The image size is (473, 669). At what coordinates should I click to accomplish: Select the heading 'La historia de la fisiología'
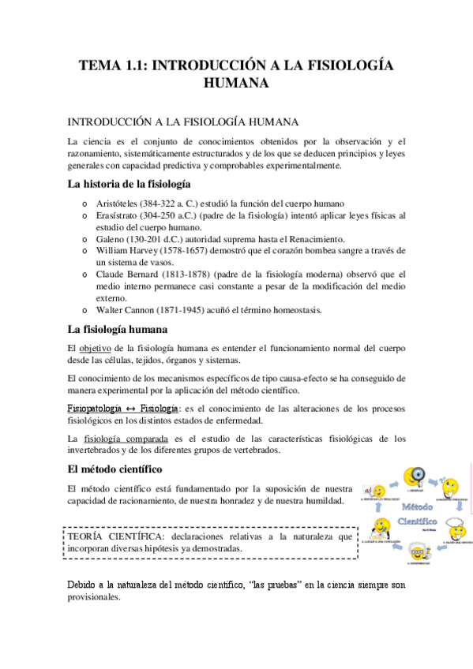click(x=129, y=185)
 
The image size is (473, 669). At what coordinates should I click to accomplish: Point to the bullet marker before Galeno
click(x=85, y=238)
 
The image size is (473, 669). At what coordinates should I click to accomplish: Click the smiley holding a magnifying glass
click(x=415, y=478)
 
